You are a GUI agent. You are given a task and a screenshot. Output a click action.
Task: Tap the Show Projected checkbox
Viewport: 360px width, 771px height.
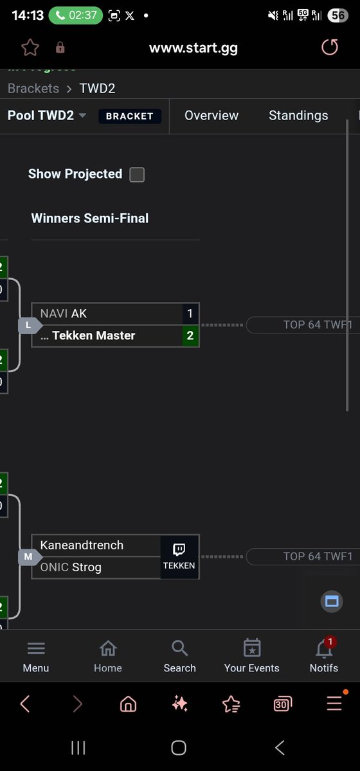(x=137, y=175)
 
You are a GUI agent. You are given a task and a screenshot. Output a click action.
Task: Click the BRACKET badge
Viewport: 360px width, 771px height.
(x=129, y=116)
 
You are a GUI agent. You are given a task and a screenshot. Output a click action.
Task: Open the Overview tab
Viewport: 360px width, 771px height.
(x=212, y=116)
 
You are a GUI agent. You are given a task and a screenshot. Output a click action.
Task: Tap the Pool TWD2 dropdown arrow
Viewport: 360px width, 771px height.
(x=82, y=116)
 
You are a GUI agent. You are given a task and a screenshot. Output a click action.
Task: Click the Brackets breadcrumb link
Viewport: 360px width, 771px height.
(x=33, y=89)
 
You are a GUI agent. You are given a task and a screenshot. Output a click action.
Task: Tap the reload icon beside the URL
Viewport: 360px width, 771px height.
(x=329, y=48)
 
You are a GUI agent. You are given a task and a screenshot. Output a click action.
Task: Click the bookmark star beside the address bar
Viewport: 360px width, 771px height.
(x=30, y=48)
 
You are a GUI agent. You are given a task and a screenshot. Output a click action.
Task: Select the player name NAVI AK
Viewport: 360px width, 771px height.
(x=64, y=314)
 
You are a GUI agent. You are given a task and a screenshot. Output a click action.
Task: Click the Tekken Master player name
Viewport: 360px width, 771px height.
(x=94, y=335)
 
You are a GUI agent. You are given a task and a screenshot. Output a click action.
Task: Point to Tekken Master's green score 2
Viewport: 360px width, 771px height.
(x=190, y=335)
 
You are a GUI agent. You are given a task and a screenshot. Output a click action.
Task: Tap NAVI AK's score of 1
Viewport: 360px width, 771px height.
(x=190, y=314)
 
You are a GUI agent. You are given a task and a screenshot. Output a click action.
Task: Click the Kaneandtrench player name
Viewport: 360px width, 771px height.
(x=82, y=545)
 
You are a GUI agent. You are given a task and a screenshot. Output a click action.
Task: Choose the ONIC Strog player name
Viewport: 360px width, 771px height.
(x=71, y=567)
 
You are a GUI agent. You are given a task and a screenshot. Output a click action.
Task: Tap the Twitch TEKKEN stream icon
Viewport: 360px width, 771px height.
(x=179, y=556)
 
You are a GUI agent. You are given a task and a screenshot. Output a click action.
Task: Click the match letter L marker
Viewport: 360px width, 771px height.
(x=28, y=325)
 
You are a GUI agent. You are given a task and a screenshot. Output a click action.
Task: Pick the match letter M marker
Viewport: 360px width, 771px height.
(x=28, y=557)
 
